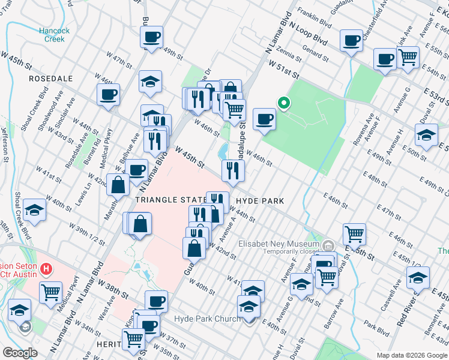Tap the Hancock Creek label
55,35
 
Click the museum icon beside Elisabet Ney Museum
328,245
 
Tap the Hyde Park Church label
207,319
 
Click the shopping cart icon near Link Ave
408,57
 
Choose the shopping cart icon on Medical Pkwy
51,292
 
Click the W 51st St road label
284,68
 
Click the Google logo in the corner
20,353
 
